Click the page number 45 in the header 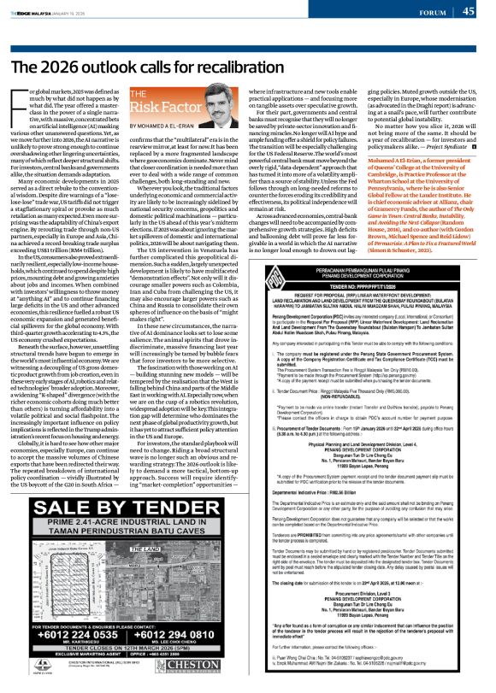pyautogui.click(x=469, y=10)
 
